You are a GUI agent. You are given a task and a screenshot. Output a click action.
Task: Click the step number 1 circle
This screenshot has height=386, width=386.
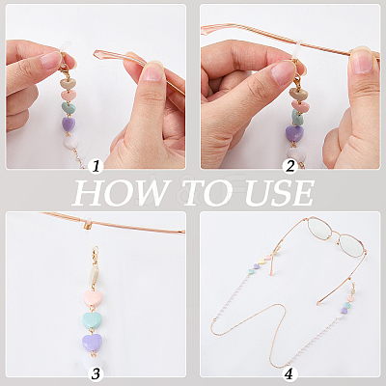coord(96,167)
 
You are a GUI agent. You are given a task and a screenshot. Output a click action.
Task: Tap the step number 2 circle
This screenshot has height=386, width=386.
coord(290,166)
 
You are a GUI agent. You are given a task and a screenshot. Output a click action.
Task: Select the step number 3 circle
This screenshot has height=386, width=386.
coord(96,373)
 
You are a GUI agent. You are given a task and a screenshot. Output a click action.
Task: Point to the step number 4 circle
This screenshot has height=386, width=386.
coord(289,373)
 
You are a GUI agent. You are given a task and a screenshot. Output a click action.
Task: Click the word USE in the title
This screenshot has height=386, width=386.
coord(279,193)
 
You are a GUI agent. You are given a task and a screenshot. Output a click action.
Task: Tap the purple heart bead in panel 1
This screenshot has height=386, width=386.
coord(69,124)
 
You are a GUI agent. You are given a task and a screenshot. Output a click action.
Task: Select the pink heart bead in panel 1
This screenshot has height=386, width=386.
coord(69,96)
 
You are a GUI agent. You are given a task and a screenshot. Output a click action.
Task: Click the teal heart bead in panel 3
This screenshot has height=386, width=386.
coord(93,319)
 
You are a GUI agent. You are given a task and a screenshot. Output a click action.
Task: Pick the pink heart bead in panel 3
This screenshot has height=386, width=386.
coord(93,298)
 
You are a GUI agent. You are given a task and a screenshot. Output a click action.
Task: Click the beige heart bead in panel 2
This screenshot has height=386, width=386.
coord(298,94)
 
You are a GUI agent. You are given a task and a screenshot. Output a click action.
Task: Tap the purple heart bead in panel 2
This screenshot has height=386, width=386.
coord(294,133)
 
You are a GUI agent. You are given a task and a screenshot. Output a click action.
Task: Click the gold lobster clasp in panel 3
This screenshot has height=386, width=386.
coord(95,256)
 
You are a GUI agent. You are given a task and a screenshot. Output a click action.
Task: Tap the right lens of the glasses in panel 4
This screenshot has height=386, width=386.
coord(351,246)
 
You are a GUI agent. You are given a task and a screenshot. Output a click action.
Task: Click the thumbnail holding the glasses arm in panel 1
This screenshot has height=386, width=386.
coord(152,71)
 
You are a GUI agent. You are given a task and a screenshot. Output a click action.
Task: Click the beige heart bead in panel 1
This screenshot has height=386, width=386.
coord(69,84)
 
